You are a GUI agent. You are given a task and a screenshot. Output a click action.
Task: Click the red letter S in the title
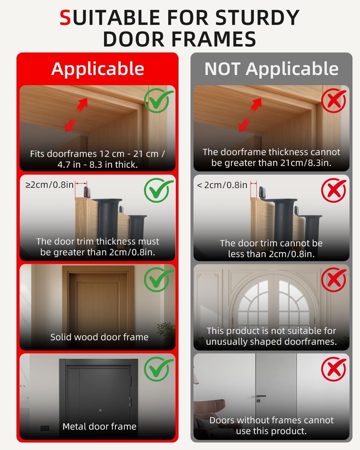[65, 18]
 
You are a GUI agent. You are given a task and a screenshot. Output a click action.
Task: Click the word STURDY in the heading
[257, 18]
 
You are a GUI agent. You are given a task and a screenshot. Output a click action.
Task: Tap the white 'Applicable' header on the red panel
[98, 69]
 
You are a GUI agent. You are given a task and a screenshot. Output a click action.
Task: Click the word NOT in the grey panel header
[223, 69]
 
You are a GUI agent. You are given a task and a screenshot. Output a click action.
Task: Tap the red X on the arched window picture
[334, 280]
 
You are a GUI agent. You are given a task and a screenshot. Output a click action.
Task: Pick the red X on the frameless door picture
[334, 369]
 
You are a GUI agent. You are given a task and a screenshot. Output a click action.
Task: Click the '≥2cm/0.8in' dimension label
[49, 185]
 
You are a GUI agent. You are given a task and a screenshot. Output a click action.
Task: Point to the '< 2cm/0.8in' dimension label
[222, 185]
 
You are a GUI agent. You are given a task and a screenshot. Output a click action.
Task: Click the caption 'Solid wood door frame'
[99, 337]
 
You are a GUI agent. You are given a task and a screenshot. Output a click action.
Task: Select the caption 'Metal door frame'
[99, 426]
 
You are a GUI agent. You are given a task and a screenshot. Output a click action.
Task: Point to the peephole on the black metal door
[100, 410]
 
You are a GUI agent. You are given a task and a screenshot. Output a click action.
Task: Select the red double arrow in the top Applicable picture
[76, 115]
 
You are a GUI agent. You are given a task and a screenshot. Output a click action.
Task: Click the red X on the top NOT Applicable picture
[334, 100]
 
